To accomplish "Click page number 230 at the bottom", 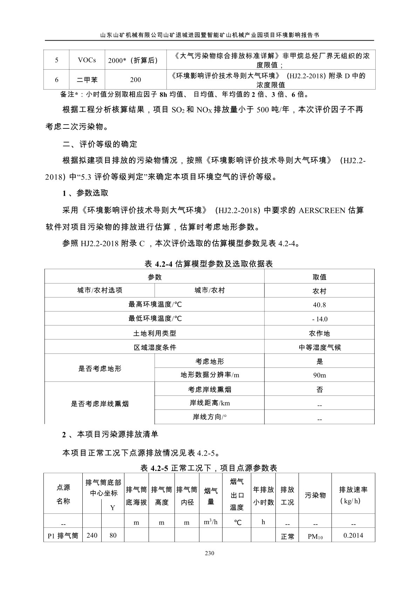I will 209,553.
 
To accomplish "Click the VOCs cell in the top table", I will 87,60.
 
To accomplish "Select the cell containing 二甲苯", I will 87,80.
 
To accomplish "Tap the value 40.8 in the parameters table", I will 319,305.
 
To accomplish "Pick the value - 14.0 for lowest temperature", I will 319,319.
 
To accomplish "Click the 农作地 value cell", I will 319,334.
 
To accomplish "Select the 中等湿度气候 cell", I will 319,348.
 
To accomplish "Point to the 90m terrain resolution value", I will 319,376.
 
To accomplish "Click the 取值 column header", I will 319,277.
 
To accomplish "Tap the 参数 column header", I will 155,277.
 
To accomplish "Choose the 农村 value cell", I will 319,291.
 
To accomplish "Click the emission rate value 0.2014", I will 353,535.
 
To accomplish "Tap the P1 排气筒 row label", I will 63,536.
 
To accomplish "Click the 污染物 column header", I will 315,495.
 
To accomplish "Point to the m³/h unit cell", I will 211,522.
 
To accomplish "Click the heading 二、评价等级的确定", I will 100,144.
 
